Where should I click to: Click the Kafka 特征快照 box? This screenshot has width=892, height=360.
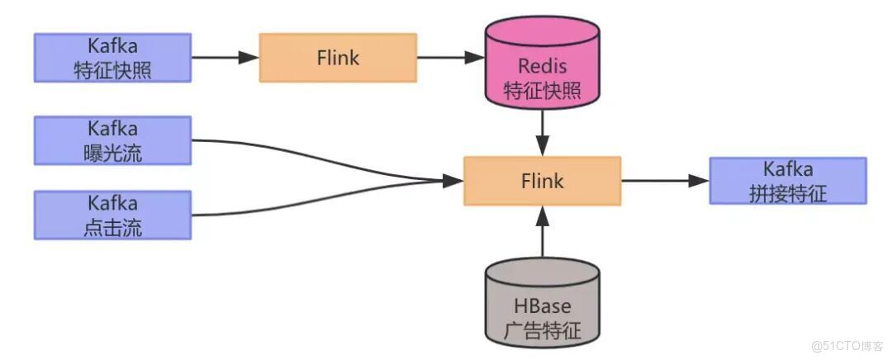pyautogui.click(x=112, y=58)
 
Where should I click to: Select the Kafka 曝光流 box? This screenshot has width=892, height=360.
pyautogui.click(x=112, y=140)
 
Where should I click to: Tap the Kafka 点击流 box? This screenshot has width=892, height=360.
pyautogui.click(x=112, y=215)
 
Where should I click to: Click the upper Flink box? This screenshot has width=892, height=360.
pyautogui.click(x=338, y=58)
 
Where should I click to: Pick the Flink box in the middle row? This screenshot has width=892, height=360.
pyautogui.click(x=542, y=180)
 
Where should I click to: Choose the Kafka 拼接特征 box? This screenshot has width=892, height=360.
pyautogui.click(x=788, y=180)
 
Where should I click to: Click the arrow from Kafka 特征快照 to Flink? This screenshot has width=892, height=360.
pyautogui.click(x=225, y=58)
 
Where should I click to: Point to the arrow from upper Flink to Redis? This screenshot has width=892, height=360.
pyautogui.click(x=450, y=58)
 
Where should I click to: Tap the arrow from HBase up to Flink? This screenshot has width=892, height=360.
pyautogui.click(x=542, y=231)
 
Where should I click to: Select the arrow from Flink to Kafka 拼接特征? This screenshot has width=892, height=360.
pyautogui.click(x=665, y=180)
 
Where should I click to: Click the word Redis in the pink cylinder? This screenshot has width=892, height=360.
pyautogui.click(x=542, y=66)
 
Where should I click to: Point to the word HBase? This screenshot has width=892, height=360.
pyautogui.click(x=542, y=307)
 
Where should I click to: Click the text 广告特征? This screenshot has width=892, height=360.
pyautogui.click(x=542, y=331)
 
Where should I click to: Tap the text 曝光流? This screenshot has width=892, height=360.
pyautogui.click(x=112, y=152)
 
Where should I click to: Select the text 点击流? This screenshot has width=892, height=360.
pyautogui.click(x=112, y=227)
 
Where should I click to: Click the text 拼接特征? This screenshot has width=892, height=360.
pyautogui.click(x=788, y=192)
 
